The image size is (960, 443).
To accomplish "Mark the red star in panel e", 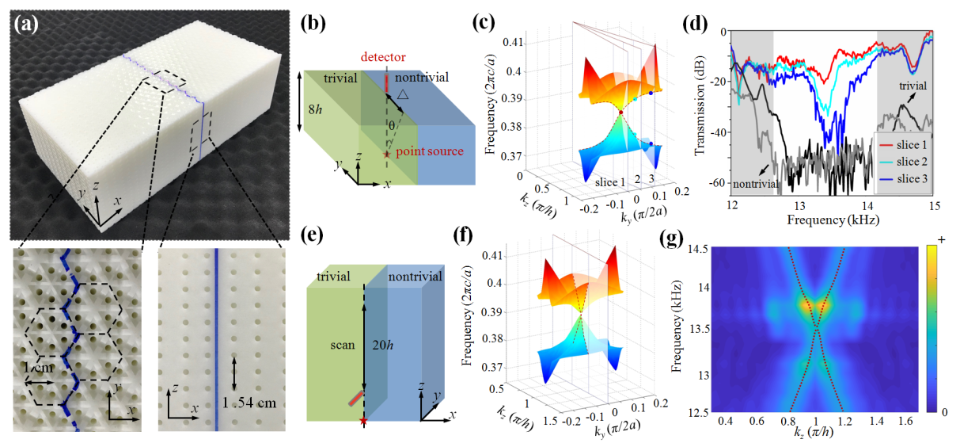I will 363,420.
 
